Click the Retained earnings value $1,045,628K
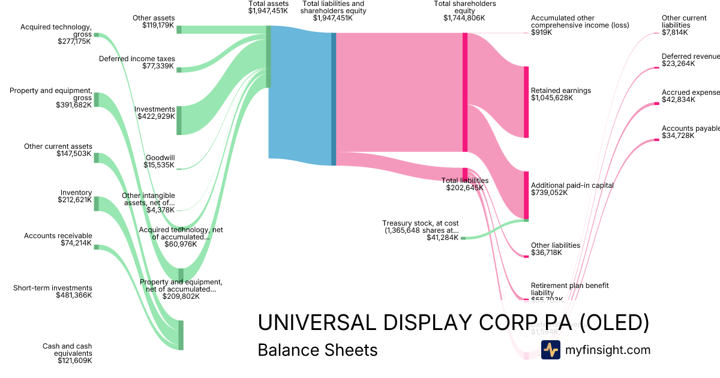552,98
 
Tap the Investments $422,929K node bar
179,120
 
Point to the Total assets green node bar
268,57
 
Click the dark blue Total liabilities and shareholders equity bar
334,99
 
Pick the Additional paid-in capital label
572,185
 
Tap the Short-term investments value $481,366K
74,295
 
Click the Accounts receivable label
58,236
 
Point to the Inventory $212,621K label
76,196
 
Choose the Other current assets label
58,146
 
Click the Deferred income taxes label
137,59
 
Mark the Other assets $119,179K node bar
179,30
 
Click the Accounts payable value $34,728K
678,136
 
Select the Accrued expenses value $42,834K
679,100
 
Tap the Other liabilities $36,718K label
555,249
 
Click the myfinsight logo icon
550,350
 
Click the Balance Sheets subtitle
317,350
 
